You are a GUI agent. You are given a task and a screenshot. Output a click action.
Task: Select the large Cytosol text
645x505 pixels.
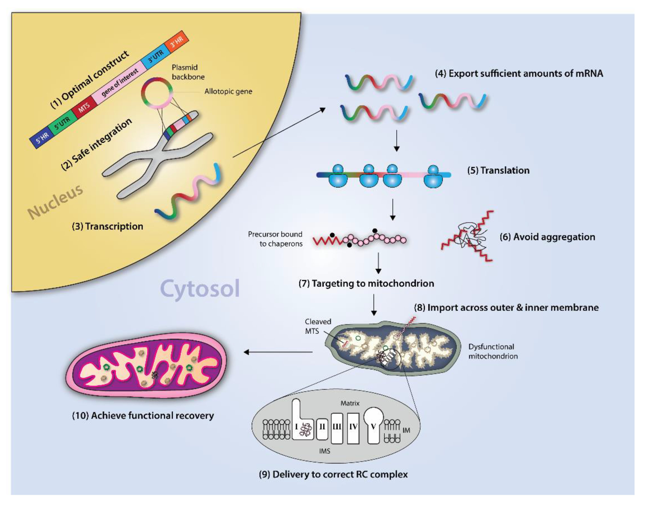click(200, 288)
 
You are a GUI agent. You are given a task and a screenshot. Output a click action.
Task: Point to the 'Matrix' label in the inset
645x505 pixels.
click(350, 403)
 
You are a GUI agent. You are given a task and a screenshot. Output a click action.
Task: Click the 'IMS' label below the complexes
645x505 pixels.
click(324, 451)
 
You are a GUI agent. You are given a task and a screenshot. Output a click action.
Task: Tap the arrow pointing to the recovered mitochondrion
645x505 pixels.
click(278, 352)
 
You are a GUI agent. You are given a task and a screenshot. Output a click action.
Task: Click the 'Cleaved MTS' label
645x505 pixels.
click(318, 326)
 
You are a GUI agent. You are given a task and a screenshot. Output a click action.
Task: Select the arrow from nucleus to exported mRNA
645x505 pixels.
click(279, 133)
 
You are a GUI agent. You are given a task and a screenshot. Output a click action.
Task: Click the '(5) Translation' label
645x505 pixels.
click(498, 170)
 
